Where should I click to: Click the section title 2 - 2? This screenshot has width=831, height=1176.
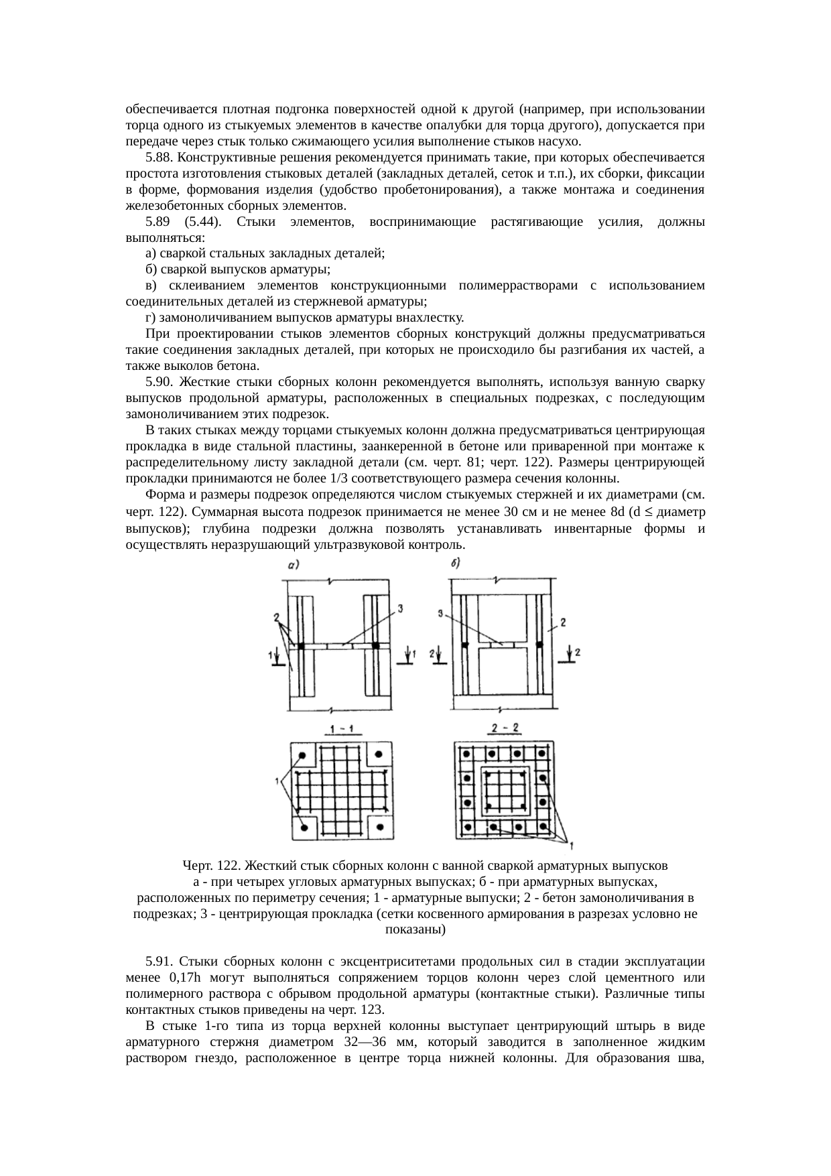pos(504,729)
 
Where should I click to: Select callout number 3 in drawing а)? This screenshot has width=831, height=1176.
pos(400,608)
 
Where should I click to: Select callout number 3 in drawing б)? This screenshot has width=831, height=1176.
pos(440,612)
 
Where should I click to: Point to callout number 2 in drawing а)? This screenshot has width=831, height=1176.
pos(275,615)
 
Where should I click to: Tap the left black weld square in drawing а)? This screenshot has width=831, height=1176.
pos(302,645)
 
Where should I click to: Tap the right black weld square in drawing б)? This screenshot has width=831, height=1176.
pos(539,644)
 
